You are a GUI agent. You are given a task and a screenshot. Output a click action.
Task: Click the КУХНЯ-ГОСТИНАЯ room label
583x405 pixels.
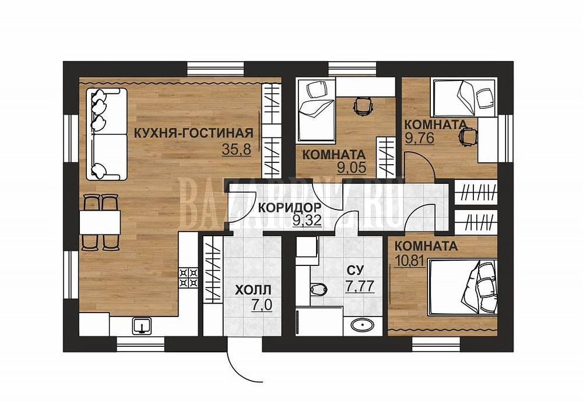point(194,133)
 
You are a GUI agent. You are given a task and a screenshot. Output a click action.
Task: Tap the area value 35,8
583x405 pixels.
point(237,149)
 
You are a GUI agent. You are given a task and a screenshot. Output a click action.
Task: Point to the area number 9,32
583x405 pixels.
point(307,221)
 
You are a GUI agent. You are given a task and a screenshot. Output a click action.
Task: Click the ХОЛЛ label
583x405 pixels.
point(254,290)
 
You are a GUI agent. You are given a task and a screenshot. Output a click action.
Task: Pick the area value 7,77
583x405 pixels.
point(360,286)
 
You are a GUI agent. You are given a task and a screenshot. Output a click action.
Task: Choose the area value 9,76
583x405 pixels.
point(420,138)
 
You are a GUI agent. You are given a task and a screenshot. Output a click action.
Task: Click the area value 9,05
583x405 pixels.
point(352,168)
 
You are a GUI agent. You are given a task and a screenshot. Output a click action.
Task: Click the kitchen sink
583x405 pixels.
point(142,325)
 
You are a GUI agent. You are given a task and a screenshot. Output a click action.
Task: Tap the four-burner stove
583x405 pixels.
point(188,278)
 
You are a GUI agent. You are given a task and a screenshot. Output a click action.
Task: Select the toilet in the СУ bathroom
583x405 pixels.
point(318,288)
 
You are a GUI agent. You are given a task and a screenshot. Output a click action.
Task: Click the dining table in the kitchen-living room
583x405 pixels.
point(100,222)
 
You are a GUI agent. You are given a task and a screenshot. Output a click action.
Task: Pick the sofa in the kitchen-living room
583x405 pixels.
point(107,134)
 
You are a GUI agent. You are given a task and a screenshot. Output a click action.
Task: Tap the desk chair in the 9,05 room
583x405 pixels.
point(363,105)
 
